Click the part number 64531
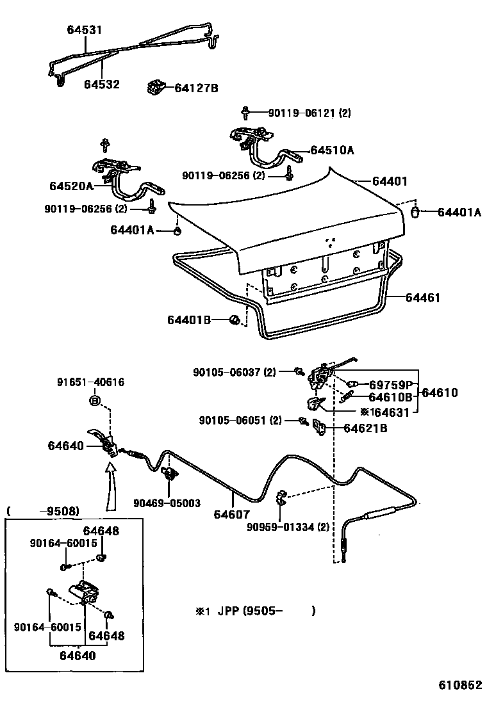coord(85,29)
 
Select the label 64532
coord(102,84)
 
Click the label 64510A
coord(332,150)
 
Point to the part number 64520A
coord(71,186)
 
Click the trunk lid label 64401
coord(390,181)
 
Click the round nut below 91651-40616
coord(94,401)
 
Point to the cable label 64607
coord(231,514)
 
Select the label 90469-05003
coord(167,503)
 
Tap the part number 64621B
coord(365,428)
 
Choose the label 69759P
coord(391,385)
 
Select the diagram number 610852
coord(459,684)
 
